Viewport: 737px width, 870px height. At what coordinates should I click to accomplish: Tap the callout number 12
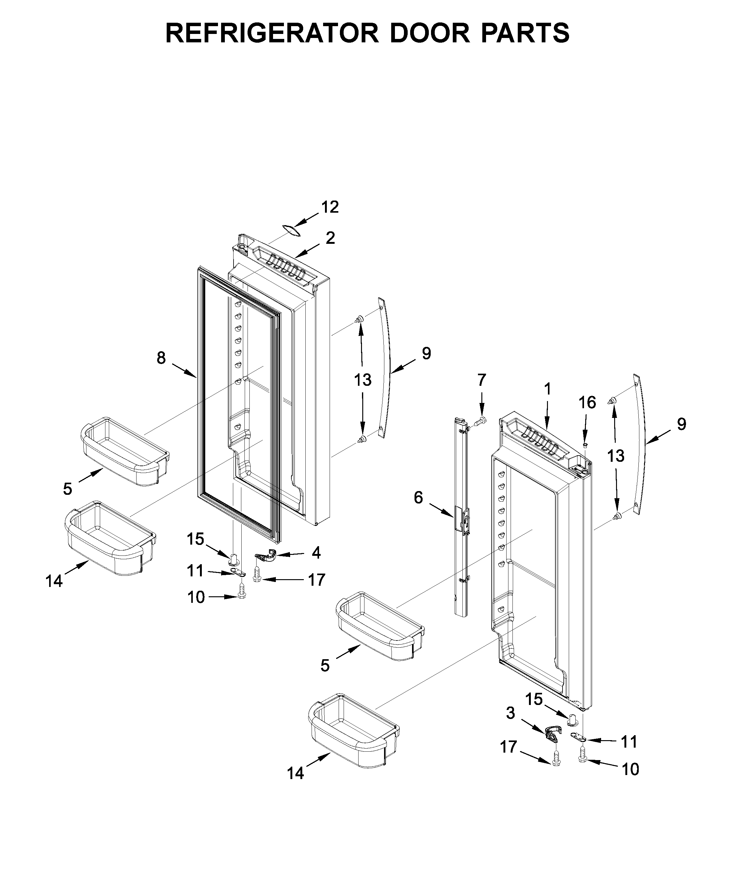click(x=330, y=207)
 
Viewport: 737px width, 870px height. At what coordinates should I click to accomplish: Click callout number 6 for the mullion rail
click(x=418, y=498)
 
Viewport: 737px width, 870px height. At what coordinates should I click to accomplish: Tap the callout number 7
click(x=482, y=380)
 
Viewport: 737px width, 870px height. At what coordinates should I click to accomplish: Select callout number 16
click(x=587, y=403)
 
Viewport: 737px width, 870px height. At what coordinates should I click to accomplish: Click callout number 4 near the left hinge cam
click(x=316, y=553)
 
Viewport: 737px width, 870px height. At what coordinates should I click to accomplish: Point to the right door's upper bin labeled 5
click(x=380, y=627)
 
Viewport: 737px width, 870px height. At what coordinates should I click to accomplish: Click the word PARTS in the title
click(x=526, y=33)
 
